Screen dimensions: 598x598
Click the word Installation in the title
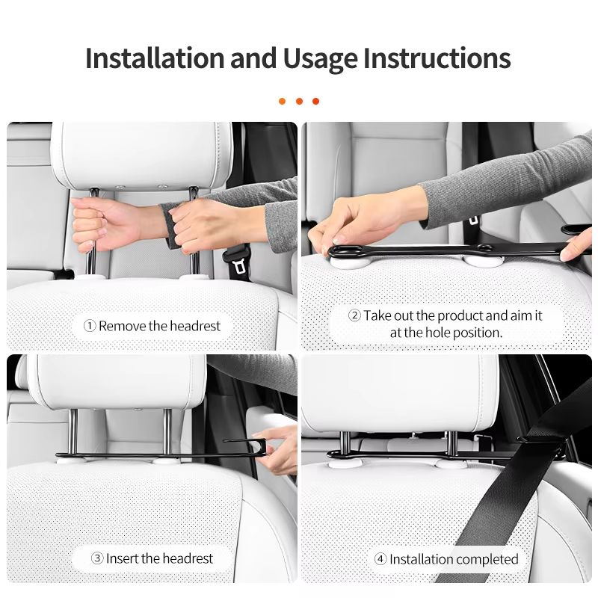(x=155, y=58)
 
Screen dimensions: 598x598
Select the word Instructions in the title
(x=437, y=58)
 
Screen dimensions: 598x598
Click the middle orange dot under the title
(x=299, y=101)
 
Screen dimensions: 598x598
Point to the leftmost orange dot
(x=283, y=101)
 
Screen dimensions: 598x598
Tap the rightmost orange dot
(x=315, y=101)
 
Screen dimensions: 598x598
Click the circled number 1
(x=90, y=326)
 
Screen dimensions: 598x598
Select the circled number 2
(x=354, y=315)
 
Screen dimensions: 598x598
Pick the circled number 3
(x=97, y=558)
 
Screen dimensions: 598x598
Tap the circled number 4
(x=380, y=559)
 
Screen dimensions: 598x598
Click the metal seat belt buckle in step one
(x=239, y=266)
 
